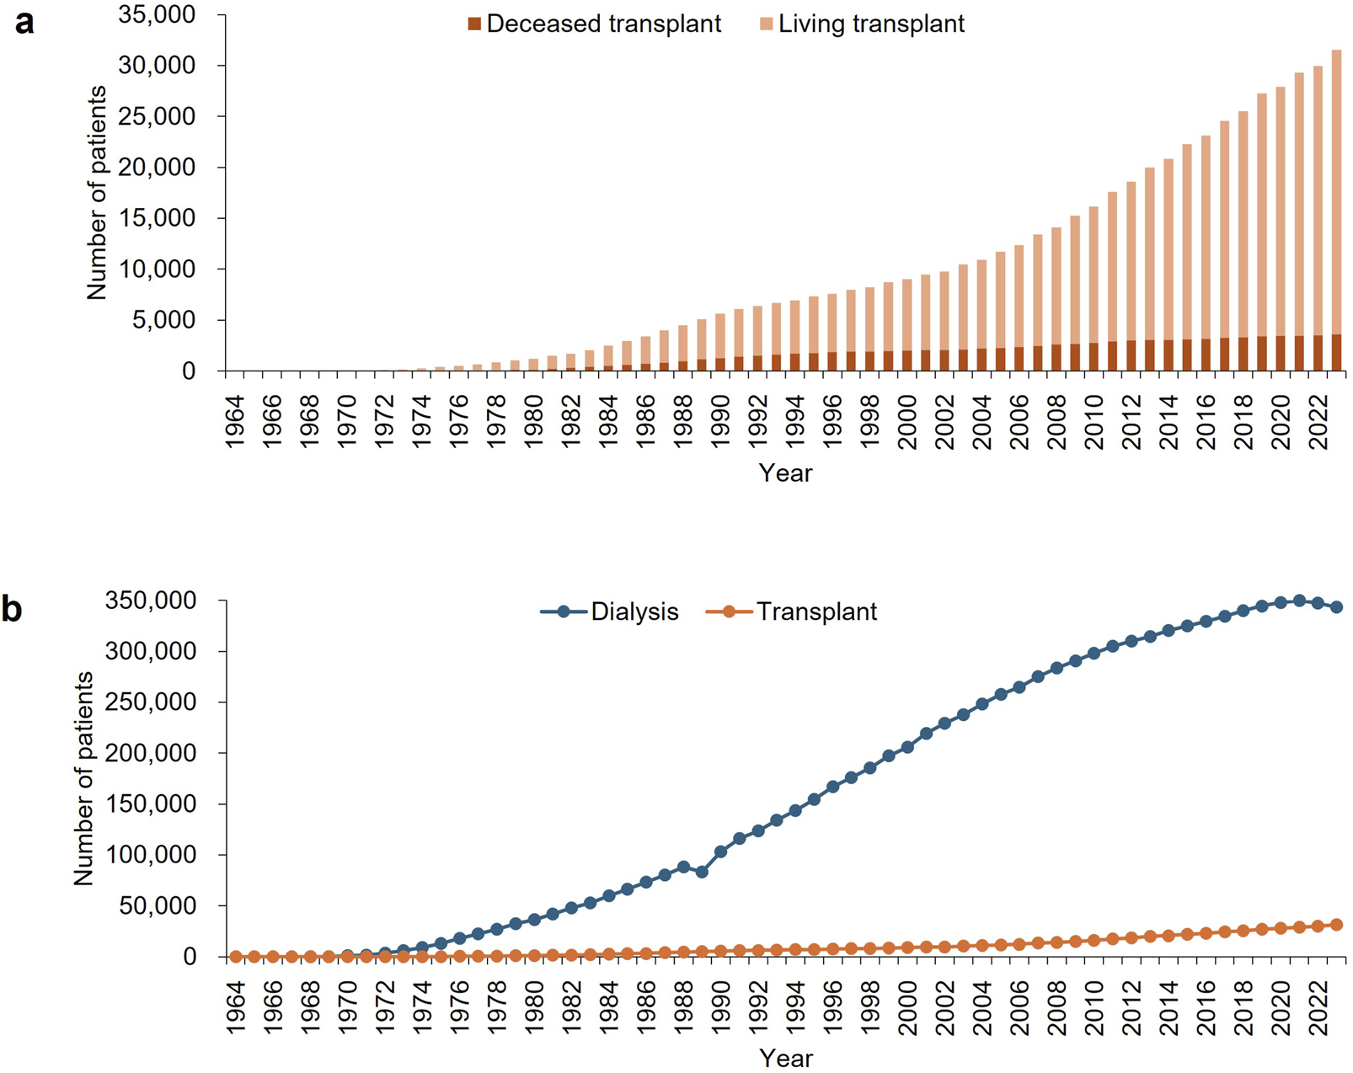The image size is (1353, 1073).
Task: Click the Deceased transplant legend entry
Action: (594, 24)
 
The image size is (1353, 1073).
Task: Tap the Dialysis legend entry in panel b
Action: (611, 611)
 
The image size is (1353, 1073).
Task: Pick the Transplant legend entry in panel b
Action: (792, 611)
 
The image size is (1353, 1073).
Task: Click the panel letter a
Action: (24, 23)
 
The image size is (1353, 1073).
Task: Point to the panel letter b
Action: (12, 609)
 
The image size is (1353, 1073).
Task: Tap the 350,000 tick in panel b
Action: (151, 601)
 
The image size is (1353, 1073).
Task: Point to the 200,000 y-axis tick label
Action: (151, 753)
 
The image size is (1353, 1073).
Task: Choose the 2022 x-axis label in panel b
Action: (1318, 1007)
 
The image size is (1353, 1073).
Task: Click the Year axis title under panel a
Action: (785, 472)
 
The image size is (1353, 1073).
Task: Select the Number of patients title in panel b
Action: (83, 778)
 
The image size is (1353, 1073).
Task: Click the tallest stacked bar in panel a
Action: (1336, 211)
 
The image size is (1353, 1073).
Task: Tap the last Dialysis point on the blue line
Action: (1336, 607)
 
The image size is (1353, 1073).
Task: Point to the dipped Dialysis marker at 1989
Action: (702, 872)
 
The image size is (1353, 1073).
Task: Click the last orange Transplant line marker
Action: (1336, 925)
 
